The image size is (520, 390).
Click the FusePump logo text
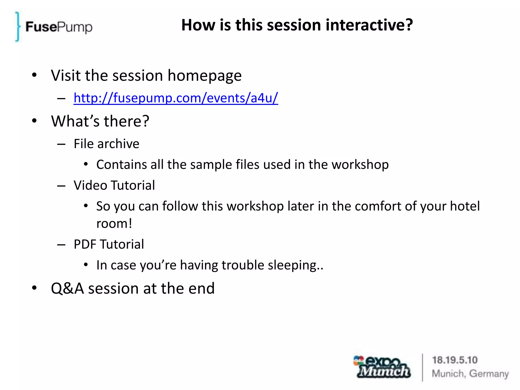[59, 27]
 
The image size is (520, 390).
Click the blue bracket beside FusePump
[17, 26]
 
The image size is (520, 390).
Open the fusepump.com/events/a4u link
[176, 98]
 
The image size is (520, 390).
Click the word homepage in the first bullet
[204, 76]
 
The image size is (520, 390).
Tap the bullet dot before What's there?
[34, 121]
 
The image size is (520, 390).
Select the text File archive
[106, 144]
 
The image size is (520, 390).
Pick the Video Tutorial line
[114, 185]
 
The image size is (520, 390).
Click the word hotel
[465, 206]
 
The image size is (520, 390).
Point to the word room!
[114, 224]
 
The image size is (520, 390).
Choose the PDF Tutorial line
[109, 244]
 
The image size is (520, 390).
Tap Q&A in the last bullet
[67, 288]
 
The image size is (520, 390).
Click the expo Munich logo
[382, 367]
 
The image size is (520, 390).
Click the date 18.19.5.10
[455, 360]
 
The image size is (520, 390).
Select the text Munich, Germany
[470, 374]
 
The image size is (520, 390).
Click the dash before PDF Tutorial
[61, 245]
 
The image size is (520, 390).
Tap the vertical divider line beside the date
[422, 367]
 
